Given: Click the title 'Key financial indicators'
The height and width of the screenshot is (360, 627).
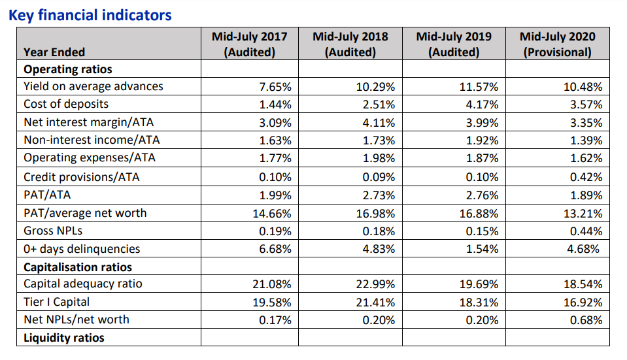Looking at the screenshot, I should tap(90, 14).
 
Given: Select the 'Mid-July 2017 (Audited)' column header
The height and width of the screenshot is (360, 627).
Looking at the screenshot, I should tap(249, 44).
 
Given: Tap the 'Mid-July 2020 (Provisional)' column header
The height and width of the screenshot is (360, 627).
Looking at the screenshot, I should tap(557, 44).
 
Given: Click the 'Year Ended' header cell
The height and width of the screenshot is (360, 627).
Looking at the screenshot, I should tap(54, 52).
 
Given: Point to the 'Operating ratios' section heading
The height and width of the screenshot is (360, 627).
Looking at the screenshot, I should tap(68, 69).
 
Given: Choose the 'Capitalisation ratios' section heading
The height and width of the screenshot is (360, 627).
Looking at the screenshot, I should tap(78, 267).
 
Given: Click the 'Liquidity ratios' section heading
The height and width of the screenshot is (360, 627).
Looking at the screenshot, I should tap(64, 337).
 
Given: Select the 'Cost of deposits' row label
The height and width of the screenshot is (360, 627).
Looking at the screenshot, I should tap(66, 104).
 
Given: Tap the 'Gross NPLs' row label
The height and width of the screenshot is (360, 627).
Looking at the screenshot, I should tap(53, 231).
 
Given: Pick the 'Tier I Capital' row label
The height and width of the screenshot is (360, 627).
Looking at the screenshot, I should tap(57, 302).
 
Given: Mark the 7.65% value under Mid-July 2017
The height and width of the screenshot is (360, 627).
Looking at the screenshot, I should tap(275, 87).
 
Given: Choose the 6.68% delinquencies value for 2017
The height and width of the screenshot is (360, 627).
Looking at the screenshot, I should tap(275, 249).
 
